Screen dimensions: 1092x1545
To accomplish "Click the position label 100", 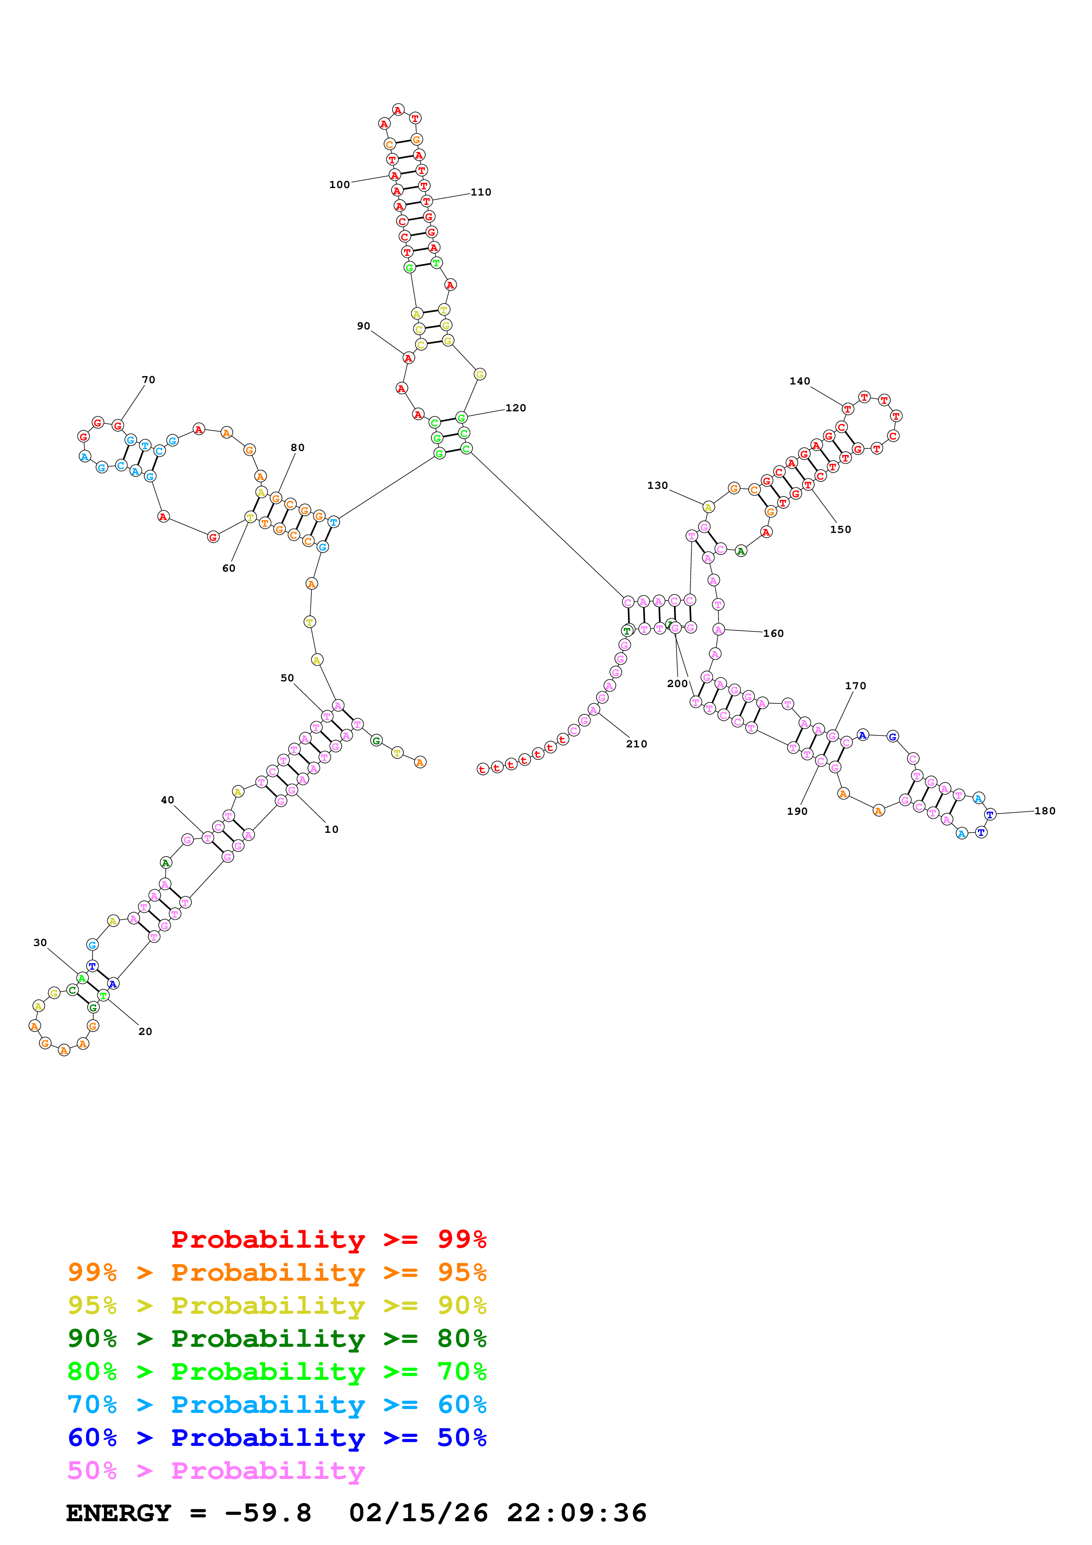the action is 339,185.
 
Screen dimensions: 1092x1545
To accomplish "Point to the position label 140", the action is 800,381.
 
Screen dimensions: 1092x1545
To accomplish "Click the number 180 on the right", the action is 1044,811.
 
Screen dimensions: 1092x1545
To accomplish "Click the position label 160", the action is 773,633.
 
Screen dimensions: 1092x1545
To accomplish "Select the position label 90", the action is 363,325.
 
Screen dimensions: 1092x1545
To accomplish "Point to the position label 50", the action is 287,678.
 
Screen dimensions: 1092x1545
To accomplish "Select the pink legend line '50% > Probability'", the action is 216,1470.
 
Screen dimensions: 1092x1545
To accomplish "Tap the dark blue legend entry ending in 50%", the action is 277,1438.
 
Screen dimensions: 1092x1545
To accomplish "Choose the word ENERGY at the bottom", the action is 118,1513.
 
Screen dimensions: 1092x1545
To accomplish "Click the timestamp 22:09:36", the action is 577,1513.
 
